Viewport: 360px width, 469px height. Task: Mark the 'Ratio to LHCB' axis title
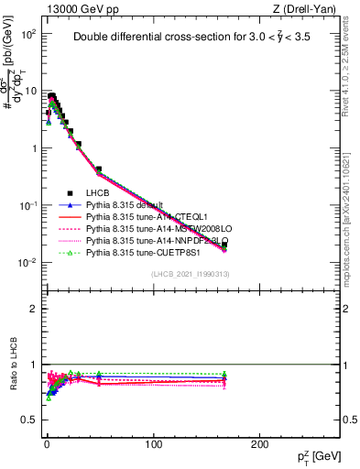[13, 365]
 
